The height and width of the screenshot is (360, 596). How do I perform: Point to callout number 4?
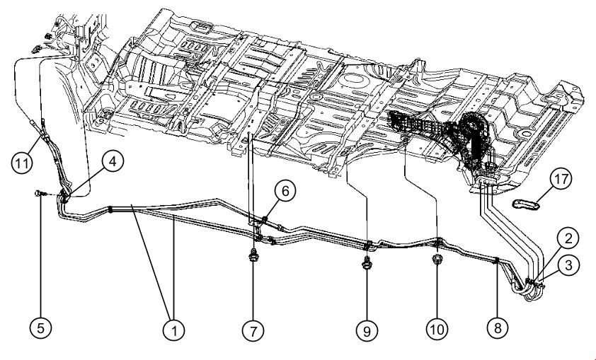[111, 161]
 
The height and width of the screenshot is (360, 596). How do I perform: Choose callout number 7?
[253, 328]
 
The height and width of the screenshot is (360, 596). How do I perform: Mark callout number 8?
[497, 328]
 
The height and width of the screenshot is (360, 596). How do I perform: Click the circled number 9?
[367, 328]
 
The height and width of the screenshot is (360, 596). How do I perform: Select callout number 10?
[437, 328]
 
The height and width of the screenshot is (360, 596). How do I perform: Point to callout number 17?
[561, 180]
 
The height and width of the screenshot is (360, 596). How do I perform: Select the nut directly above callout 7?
[253, 256]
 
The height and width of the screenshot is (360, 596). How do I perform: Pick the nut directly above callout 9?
[367, 264]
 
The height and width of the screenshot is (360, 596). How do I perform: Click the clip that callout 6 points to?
[263, 219]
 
